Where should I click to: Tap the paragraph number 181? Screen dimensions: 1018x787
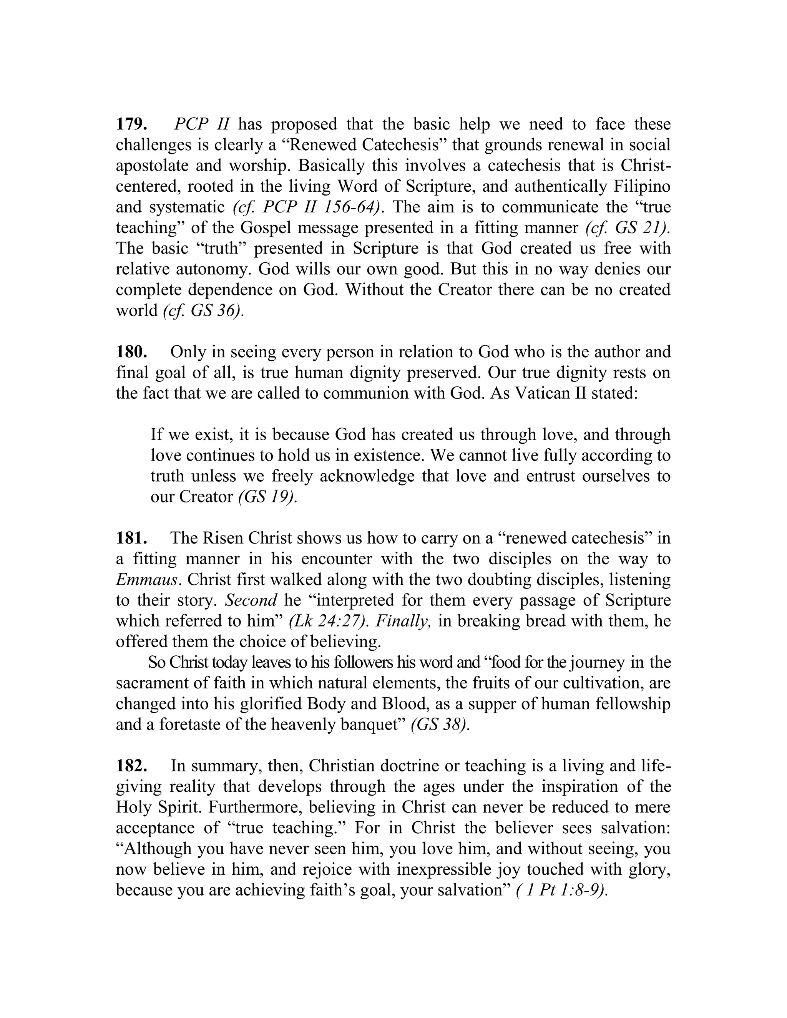tap(132, 538)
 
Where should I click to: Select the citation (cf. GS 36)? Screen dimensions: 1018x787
tap(203, 310)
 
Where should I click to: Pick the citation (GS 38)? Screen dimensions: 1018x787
tap(440, 725)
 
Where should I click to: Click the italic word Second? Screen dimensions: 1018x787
tap(251, 600)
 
